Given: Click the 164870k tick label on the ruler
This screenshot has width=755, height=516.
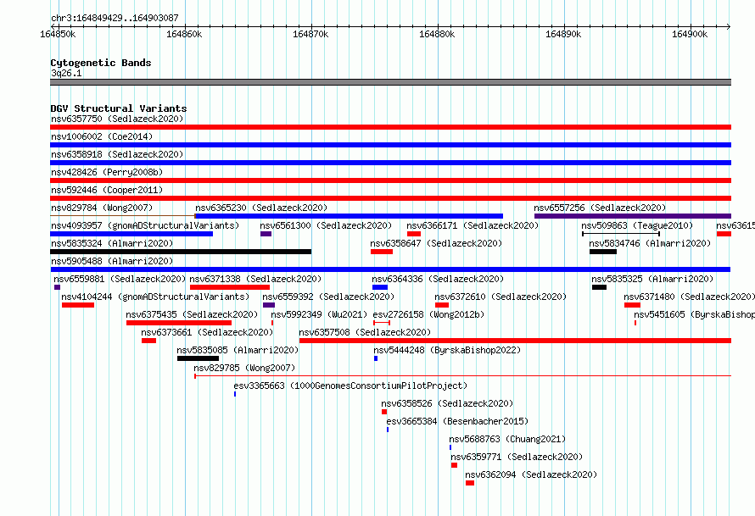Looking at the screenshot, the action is pyautogui.click(x=310, y=34).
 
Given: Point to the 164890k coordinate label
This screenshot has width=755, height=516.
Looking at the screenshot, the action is pyautogui.click(x=563, y=34).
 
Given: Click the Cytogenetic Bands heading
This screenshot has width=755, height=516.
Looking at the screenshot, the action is pyautogui.click(x=101, y=63).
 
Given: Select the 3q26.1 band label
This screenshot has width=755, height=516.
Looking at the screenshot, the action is pyautogui.click(x=66, y=73).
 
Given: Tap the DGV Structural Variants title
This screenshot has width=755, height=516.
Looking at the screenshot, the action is pyautogui.click(x=119, y=108).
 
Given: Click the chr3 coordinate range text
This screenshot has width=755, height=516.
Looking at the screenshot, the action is pyautogui.click(x=115, y=18).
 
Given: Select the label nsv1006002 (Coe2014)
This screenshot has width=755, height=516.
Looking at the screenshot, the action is pyautogui.click(x=102, y=136).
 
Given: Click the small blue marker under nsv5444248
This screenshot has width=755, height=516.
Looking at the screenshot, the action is pyautogui.click(x=376, y=358).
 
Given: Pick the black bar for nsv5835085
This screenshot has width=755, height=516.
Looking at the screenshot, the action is pyautogui.click(x=198, y=358).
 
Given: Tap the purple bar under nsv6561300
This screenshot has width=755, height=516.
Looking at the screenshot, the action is pyautogui.click(x=266, y=234).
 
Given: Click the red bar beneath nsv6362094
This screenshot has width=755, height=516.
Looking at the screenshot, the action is pyautogui.click(x=470, y=483).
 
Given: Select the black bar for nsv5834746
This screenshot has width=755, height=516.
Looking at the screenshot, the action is pyautogui.click(x=603, y=252).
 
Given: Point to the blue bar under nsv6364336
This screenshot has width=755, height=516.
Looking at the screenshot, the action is pyautogui.click(x=380, y=287).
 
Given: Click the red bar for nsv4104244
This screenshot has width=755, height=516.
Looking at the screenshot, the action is pyautogui.click(x=78, y=305).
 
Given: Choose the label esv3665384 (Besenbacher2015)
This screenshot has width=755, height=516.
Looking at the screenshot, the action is pyautogui.click(x=457, y=421).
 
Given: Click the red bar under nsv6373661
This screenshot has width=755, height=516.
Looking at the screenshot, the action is pyautogui.click(x=148, y=341).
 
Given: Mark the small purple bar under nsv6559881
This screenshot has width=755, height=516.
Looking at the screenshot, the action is pyautogui.click(x=58, y=287).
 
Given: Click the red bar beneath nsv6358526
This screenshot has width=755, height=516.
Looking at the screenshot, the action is pyautogui.click(x=384, y=412).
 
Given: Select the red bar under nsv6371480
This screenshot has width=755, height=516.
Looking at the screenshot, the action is pyautogui.click(x=632, y=305).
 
